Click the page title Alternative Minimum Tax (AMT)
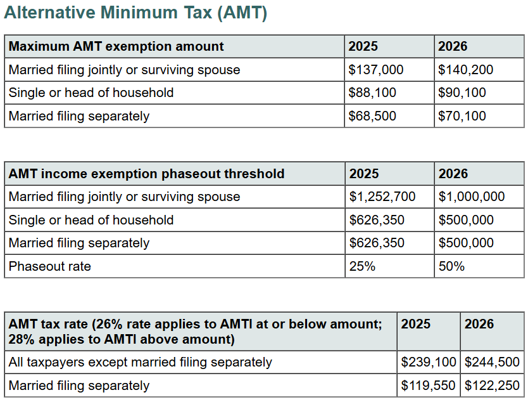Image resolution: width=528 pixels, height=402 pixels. click(135, 13)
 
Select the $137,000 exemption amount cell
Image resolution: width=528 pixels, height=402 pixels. click(376, 70)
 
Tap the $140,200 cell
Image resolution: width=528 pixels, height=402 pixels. click(465, 70)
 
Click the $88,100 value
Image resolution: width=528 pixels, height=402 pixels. click(372, 93)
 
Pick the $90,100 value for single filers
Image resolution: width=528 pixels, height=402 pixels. click(462, 93)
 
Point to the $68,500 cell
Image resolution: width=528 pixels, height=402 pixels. click(372, 116)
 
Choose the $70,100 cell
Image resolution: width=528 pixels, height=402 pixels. click(462, 116)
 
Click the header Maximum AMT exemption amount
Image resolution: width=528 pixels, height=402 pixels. click(116, 46)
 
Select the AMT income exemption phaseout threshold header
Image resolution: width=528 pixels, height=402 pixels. click(146, 174)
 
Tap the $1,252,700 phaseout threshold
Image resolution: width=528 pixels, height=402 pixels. click(382, 197)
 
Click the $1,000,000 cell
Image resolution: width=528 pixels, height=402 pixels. click(472, 197)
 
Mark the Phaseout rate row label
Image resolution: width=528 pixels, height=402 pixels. click(50, 266)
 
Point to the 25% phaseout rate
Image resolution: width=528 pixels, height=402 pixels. click(362, 266)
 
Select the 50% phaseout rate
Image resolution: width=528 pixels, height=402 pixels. click(451, 266)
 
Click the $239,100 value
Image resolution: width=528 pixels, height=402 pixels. click(429, 363)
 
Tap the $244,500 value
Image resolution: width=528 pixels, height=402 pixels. click(492, 363)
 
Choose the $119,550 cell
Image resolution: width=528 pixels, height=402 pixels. click(429, 386)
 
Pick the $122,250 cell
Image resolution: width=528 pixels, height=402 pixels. click(492, 386)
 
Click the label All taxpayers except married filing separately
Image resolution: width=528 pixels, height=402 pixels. click(141, 363)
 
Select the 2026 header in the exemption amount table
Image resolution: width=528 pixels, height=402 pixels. click(453, 46)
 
